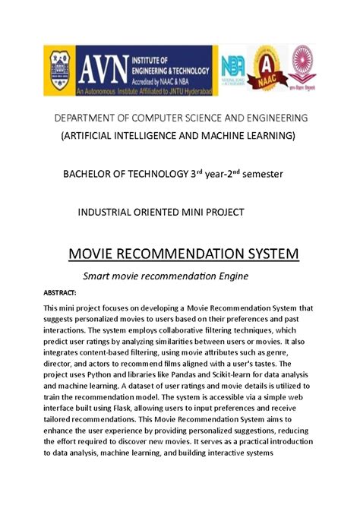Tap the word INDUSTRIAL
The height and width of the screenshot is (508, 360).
tap(106, 210)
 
